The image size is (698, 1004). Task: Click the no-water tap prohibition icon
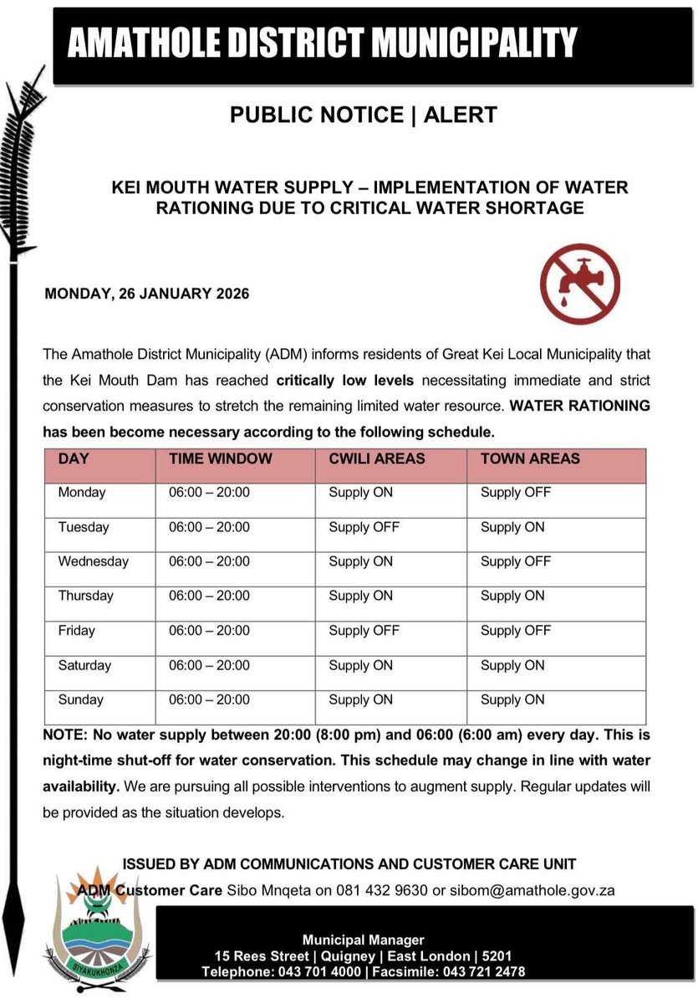pos(579,284)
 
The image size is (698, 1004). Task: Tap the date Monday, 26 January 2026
pos(146,295)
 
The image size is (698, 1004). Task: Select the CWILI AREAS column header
pos(376,458)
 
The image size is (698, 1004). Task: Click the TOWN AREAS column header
pos(530,458)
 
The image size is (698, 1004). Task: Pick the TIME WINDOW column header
pos(220,458)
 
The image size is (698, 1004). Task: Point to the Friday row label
pos(76,631)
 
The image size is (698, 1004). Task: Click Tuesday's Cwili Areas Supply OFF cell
pos(364,527)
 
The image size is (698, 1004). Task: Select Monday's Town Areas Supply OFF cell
pos(515,493)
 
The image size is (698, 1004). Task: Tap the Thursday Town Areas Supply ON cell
pos(512,596)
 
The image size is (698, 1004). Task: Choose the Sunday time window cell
pos(209,699)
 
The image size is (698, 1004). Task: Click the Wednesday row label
pos(93,561)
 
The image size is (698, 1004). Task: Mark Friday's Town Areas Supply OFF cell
pos(515,631)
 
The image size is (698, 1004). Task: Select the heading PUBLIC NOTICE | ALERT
pos(364,115)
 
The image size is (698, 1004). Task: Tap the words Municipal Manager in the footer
pos(364,940)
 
